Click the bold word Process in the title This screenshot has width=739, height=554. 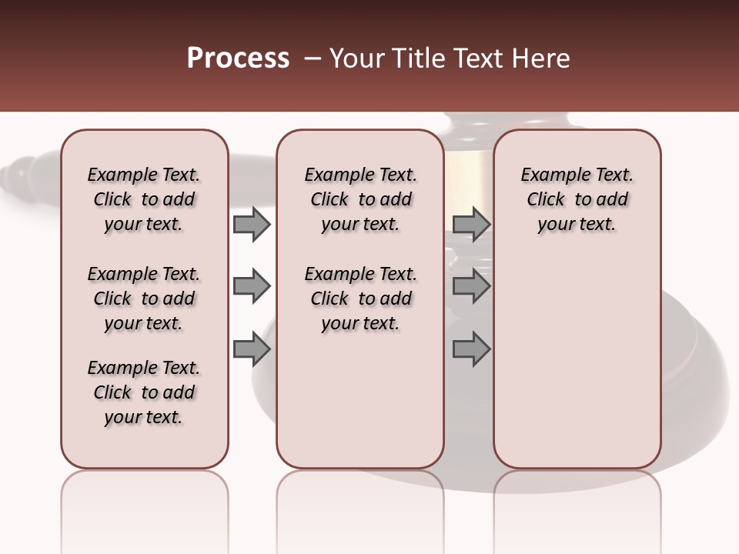click(238, 58)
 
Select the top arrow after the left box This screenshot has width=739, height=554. click(251, 225)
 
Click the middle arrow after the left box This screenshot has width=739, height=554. click(251, 287)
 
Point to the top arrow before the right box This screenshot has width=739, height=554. click(471, 225)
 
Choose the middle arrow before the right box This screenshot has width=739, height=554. click(471, 287)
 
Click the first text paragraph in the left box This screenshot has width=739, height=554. click(144, 199)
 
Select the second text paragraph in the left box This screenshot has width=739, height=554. click(144, 299)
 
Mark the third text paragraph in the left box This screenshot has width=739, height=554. click(144, 392)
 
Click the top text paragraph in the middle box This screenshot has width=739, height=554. click(360, 199)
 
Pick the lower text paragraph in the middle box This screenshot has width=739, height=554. click(360, 299)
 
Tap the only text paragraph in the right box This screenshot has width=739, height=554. click(577, 199)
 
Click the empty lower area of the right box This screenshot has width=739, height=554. click(577, 362)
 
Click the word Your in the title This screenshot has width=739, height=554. click(357, 58)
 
